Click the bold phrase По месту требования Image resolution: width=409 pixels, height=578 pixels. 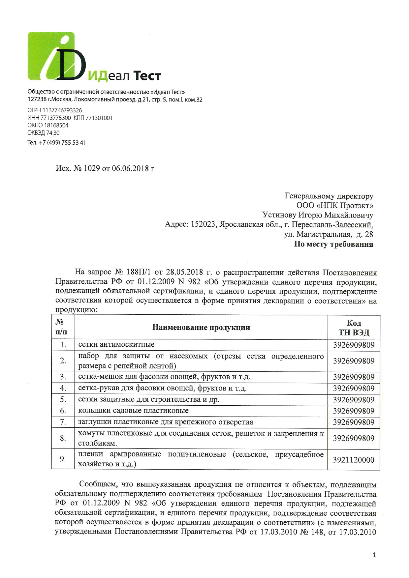tap(333, 244)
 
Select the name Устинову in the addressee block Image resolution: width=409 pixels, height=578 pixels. tap(279, 215)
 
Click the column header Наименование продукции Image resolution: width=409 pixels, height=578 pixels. tap(201, 327)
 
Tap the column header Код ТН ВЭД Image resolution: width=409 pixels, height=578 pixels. tap(354, 328)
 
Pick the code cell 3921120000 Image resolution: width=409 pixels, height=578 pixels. tap(354, 460)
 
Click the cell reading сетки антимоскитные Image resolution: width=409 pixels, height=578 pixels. tap(116, 345)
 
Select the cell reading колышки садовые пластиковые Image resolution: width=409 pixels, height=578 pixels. tap(133, 411)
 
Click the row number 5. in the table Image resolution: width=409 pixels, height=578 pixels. tap(63, 400)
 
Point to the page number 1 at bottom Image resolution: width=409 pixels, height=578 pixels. tap(374, 555)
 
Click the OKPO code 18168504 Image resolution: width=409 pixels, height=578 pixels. tap(56, 125)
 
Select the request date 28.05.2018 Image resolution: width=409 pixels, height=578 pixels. tap(184, 273)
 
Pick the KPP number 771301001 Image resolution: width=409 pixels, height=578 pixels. tap(99, 118)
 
